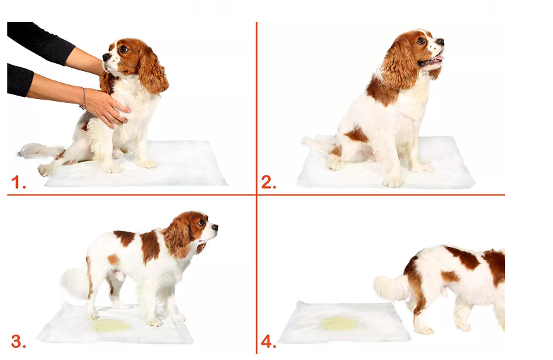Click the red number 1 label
(x=19, y=182)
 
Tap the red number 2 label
(x=268, y=182)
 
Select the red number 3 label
(x=19, y=341)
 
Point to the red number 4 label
(x=268, y=341)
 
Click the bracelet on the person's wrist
(x=84, y=98)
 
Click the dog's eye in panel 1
(x=123, y=49)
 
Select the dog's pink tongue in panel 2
(x=437, y=58)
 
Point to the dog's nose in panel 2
(x=440, y=43)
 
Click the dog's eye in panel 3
(x=202, y=223)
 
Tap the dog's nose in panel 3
(x=215, y=227)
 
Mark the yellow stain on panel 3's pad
(x=112, y=325)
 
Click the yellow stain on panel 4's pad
(x=341, y=323)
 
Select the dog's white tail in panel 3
(x=75, y=282)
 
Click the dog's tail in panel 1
(x=41, y=151)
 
